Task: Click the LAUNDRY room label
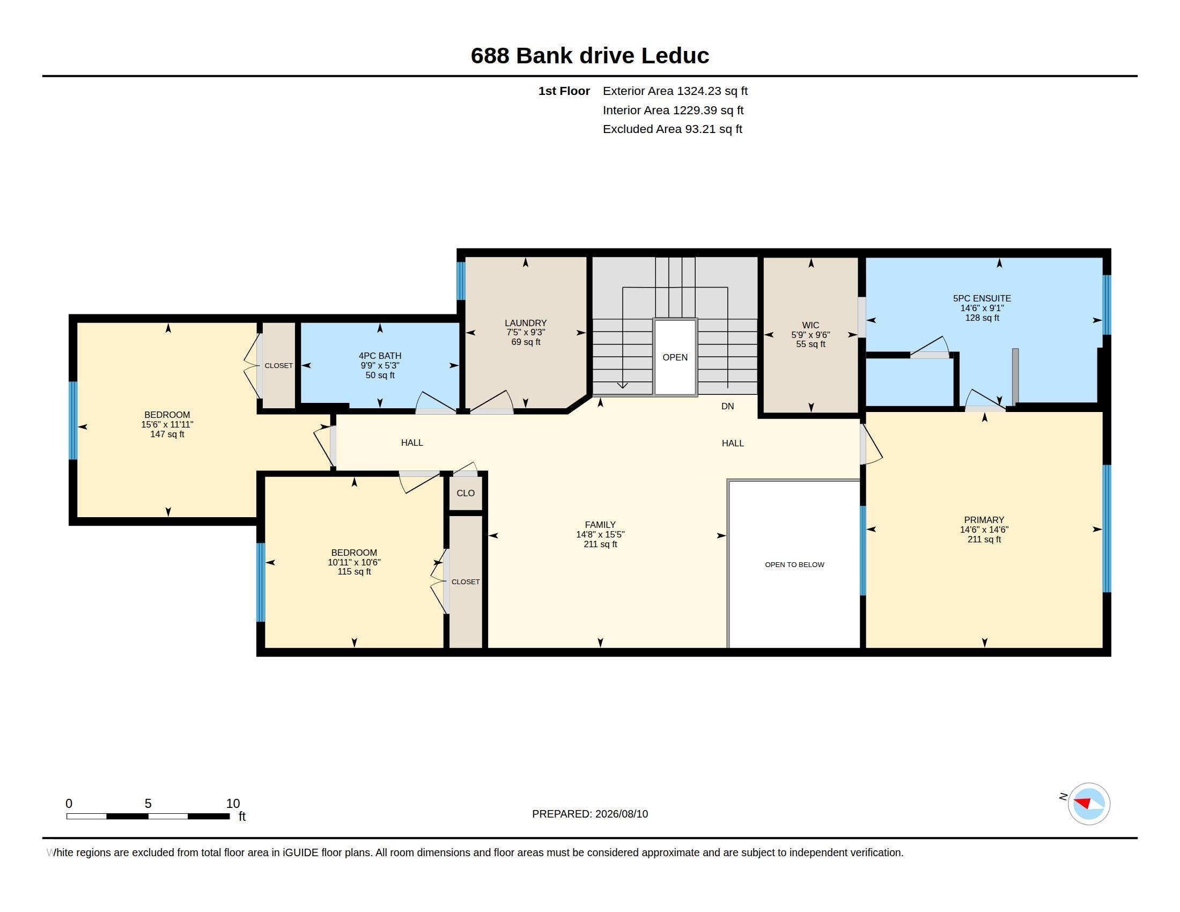pyautogui.click(x=525, y=323)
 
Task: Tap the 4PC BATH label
pyautogui.click(x=380, y=356)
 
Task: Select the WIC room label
pyautogui.click(x=810, y=325)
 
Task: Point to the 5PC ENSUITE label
pyautogui.click(x=982, y=298)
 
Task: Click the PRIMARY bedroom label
pyautogui.click(x=984, y=520)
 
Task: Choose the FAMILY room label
pyautogui.click(x=600, y=525)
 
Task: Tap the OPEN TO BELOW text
pyautogui.click(x=794, y=564)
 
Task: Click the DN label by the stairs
pyautogui.click(x=727, y=406)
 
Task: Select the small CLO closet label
pyautogui.click(x=465, y=493)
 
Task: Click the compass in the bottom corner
pyautogui.click(x=1089, y=804)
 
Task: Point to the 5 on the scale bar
pyautogui.click(x=148, y=804)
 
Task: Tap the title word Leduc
pyautogui.click(x=675, y=56)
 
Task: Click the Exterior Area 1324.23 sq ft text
pyautogui.click(x=675, y=91)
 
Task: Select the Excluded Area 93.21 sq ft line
pyautogui.click(x=672, y=129)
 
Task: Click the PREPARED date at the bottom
pyautogui.click(x=590, y=814)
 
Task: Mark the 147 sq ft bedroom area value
pyautogui.click(x=167, y=435)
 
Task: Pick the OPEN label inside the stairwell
pyautogui.click(x=675, y=357)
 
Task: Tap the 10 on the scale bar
pyautogui.click(x=233, y=804)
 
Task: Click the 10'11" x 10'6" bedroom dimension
pyautogui.click(x=354, y=562)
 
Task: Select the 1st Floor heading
pyautogui.click(x=564, y=91)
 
